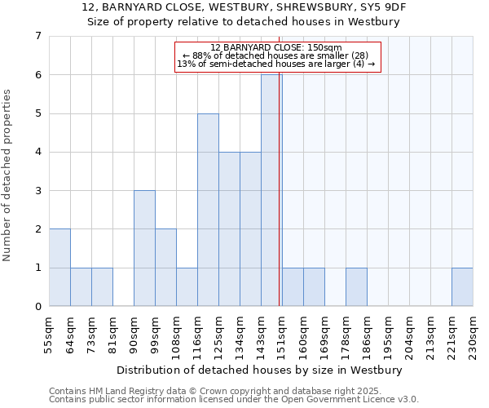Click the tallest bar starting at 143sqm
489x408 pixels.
pyautogui.click(x=271, y=190)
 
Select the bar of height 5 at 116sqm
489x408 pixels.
pyautogui.click(x=208, y=210)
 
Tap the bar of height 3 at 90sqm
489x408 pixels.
pyautogui.click(x=144, y=248)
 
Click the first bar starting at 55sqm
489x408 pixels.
pyautogui.click(x=59, y=268)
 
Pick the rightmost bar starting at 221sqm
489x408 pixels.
pyautogui.click(x=462, y=286)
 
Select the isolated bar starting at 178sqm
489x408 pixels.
pyautogui.click(x=356, y=286)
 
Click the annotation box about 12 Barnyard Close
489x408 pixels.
pyautogui.click(x=278, y=56)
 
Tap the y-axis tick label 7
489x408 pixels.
pyautogui.click(x=37, y=36)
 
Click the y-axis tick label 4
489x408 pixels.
pyautogui.click(x=37, y=152)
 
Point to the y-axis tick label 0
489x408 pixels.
pyautogui.click(x=37, y=306)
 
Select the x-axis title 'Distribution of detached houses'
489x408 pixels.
pyautogui.click(x=260, y=370)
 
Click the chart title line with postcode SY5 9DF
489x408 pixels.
pyautogui.click(x=244, y=7)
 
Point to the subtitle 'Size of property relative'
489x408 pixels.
pyautogui.click(x=244, y=22)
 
